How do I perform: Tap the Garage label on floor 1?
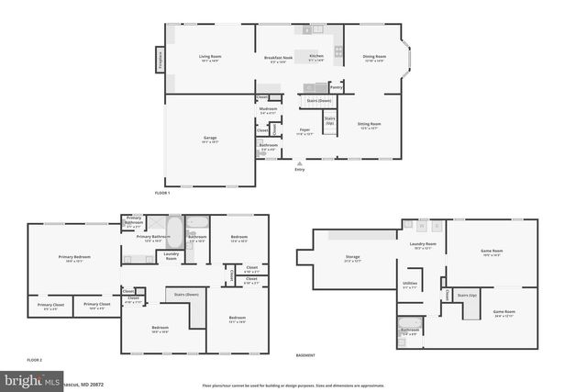click(210, 140)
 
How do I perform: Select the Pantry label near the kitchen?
click(336, 86)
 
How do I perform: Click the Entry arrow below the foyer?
click(299, 164)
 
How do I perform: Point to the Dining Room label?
click(374, 57)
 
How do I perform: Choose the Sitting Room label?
click(369, 124)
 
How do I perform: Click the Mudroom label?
click(268, 110)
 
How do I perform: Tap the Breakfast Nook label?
click(278, 58)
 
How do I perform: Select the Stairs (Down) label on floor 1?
click(318, 100)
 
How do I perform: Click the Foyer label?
click(305, 132)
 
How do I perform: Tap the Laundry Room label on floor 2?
click(172, 255)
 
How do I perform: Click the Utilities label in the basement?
click(409, 284)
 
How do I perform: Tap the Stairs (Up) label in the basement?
click(468, 296)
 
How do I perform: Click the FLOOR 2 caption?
click(35, 358)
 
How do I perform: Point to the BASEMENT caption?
click(305, 354)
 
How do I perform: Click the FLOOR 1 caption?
click(162, 193)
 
